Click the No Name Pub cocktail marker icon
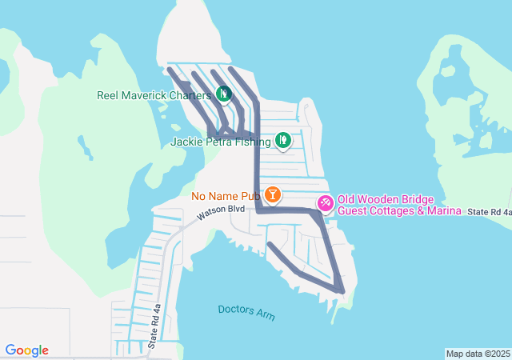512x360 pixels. click(273, 194)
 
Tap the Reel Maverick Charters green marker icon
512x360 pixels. click(224, 94)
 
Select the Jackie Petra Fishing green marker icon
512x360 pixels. click(282, 142)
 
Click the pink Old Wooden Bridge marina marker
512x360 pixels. click(326, 203)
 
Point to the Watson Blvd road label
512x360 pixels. click(220, 210)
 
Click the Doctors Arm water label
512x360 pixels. click(246, 312)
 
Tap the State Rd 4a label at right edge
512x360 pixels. click(490, 211)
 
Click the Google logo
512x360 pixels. click(27, 350)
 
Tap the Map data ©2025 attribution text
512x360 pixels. click(477, 354)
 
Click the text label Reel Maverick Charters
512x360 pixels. click(154, 95)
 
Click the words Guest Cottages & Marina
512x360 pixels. click(399, 210)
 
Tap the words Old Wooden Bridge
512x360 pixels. click(385, 199)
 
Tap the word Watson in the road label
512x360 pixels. click(212, 214)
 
